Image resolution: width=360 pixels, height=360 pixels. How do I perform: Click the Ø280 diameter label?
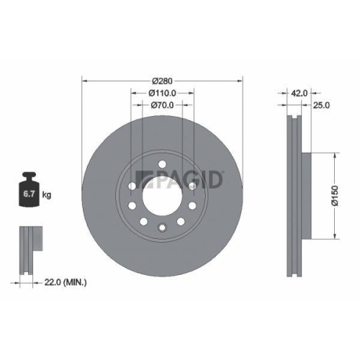click(162, 80)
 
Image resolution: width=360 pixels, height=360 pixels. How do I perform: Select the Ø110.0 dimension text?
click(162, 92)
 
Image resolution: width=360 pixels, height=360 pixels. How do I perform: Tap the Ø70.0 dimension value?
click(162, 104)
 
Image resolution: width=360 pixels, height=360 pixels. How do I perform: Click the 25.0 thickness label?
click(321, 105)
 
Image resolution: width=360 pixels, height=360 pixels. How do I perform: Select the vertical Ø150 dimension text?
click(334, 197)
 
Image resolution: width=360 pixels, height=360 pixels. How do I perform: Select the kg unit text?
click(47, 194)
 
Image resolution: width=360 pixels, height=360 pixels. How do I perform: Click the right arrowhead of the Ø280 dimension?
click(240, 80)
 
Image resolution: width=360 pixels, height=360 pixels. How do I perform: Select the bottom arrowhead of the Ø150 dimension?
click(334, 239)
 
